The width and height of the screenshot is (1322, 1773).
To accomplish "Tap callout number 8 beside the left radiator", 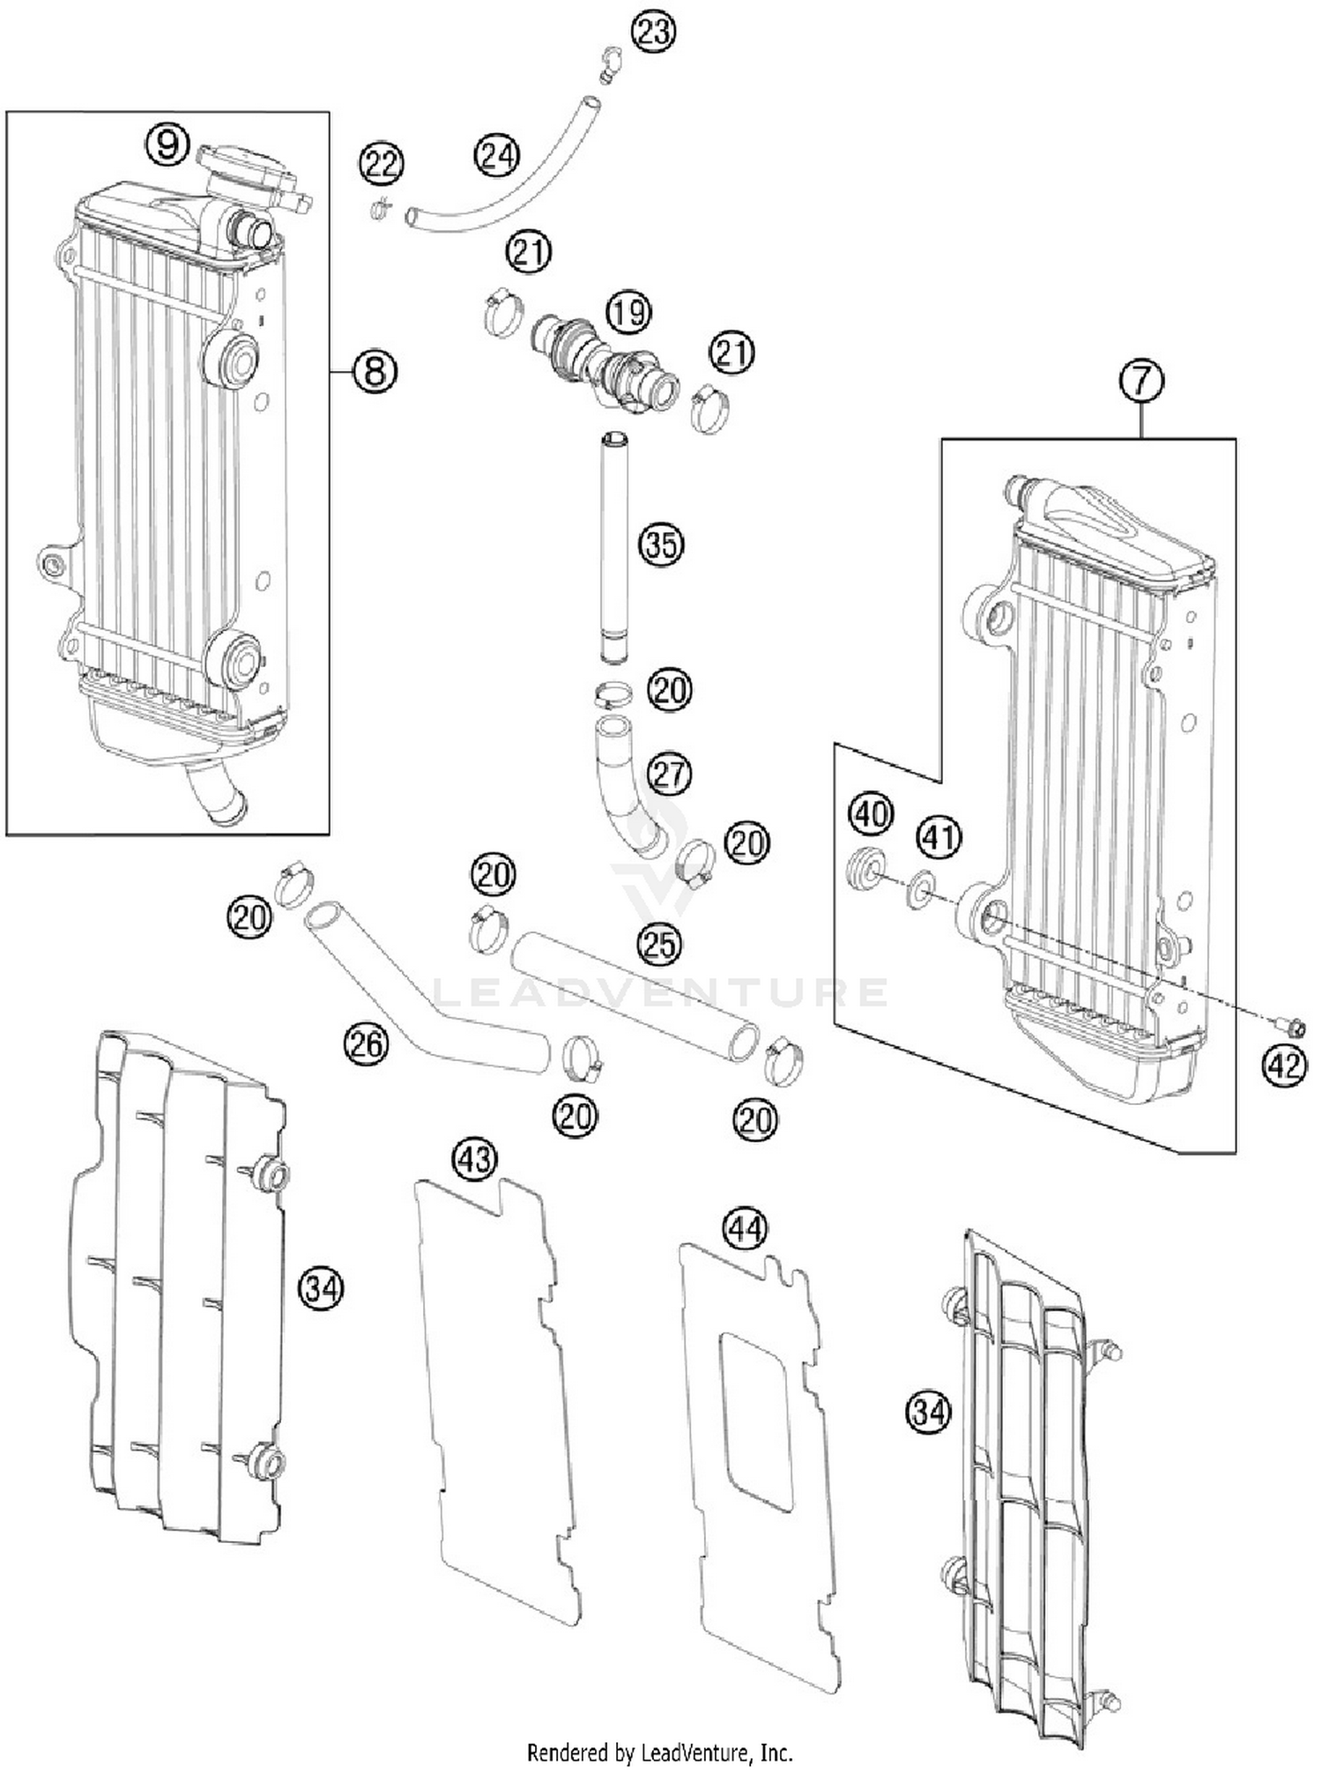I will tap(375, 371).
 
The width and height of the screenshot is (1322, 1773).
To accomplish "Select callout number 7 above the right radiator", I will tap(1141, 381).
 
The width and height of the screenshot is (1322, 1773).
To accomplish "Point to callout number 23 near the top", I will tap(653, 32).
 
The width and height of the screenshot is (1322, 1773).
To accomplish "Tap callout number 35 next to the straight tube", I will tap(661, 545).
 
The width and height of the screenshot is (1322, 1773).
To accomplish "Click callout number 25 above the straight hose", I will tap(659, 944).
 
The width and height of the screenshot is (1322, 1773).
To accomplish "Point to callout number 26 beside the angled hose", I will tap(366, 1044).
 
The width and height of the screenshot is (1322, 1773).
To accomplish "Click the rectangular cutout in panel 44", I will tap(756, 1419).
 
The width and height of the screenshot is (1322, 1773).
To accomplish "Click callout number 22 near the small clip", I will tap(381, 165).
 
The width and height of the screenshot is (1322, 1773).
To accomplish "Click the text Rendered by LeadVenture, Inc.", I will tap(659, 1752).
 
